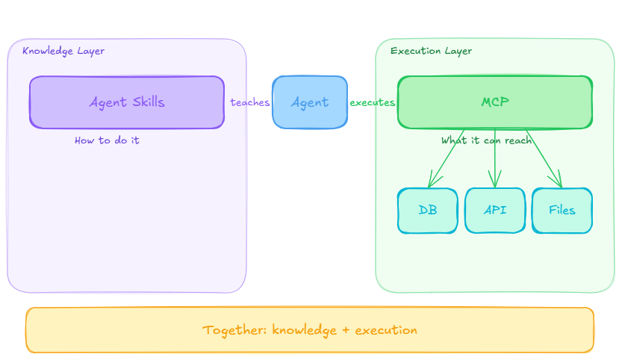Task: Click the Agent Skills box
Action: [x=127, y=102]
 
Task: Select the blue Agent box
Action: [x=310, y=102]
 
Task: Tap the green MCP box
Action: [x=495, y=102]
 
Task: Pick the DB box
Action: [x=428, y=211]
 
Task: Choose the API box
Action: [x=495, y=211]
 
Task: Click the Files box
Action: [x=562, y=211]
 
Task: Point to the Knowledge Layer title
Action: [x=63, y=52]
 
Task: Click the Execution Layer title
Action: [x=431, y=52]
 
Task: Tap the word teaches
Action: [x=250, y=102]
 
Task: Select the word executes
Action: [x=373, y=102]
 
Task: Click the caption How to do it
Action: [x=107, y=140]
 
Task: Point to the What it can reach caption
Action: [x=487, y=140]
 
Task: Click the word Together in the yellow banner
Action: [x=234, y=330]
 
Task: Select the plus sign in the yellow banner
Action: [x=346, y=330]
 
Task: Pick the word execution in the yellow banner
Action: [x=386, y=330]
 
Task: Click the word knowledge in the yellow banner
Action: [x=304, y=330]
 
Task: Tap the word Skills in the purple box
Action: [x=149, y=102]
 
